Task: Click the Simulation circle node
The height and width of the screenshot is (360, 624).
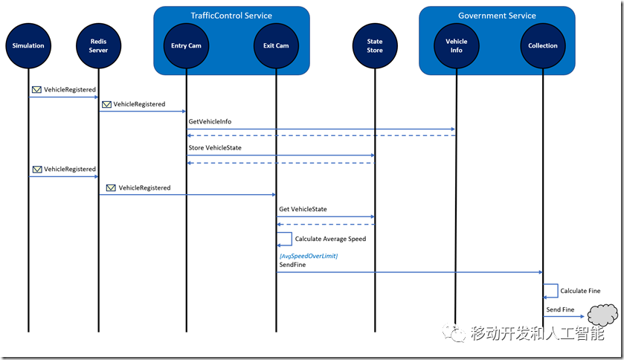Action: click(28, 46)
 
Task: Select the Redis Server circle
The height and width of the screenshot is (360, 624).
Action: click(98, 46)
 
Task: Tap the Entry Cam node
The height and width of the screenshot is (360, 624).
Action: click(186, 46)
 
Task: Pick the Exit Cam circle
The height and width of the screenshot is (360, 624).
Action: click(276, 46)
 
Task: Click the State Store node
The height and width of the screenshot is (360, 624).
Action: click(375, 46)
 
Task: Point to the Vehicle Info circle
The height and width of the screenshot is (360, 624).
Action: click(457, 46)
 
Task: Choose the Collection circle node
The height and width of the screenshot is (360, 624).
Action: click(543, 46)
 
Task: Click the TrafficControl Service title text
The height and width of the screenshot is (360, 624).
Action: click(231, 16)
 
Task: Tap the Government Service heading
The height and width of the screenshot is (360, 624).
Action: click(497, 16)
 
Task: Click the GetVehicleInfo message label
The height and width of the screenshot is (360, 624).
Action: click(210, 121)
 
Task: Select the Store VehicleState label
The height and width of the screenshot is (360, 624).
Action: click(215, 147)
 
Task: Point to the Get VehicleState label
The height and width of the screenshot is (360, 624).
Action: click(303, 209)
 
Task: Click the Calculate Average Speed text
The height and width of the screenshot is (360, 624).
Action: click(330, 239)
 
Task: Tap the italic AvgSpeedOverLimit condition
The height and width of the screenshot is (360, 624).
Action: click(309, 256)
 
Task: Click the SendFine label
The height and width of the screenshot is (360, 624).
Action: click(292, 265)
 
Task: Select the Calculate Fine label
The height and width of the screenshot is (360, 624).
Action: click(580, 291)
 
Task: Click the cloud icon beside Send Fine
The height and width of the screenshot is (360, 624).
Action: click(602, 315)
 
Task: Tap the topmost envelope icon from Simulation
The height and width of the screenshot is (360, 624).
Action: click(36, 90)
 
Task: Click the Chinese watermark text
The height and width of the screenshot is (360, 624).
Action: click(537, 333)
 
